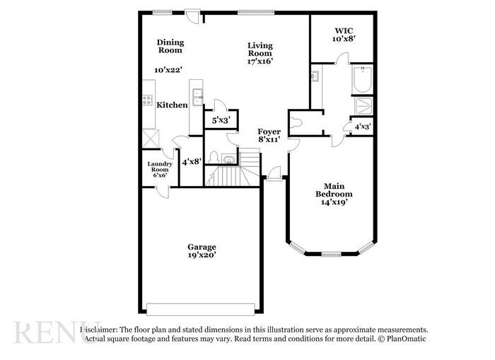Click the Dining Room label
pos(170,46)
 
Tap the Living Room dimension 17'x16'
pos(260,62)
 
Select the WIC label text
pos(344,30)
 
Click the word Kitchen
pos(172,105)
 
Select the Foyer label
pos(269,132)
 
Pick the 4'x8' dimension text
pos(192,162)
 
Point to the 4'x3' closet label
pos(363,127)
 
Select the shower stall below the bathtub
pos(363,106)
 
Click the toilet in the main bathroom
pos(296,122)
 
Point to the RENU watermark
pos(46,332)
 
